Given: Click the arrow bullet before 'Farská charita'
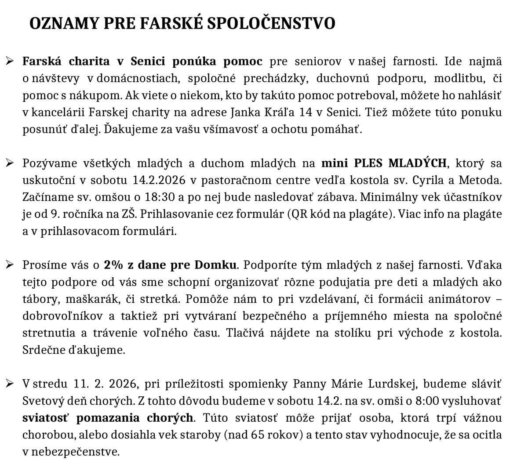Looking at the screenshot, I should point(9,61).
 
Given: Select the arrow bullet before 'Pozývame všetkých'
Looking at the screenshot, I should point(9,163).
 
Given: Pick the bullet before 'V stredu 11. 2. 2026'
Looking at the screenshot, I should point(9,384).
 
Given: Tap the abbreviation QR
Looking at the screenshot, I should point(299,214).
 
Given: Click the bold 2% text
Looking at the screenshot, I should point(113,265).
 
